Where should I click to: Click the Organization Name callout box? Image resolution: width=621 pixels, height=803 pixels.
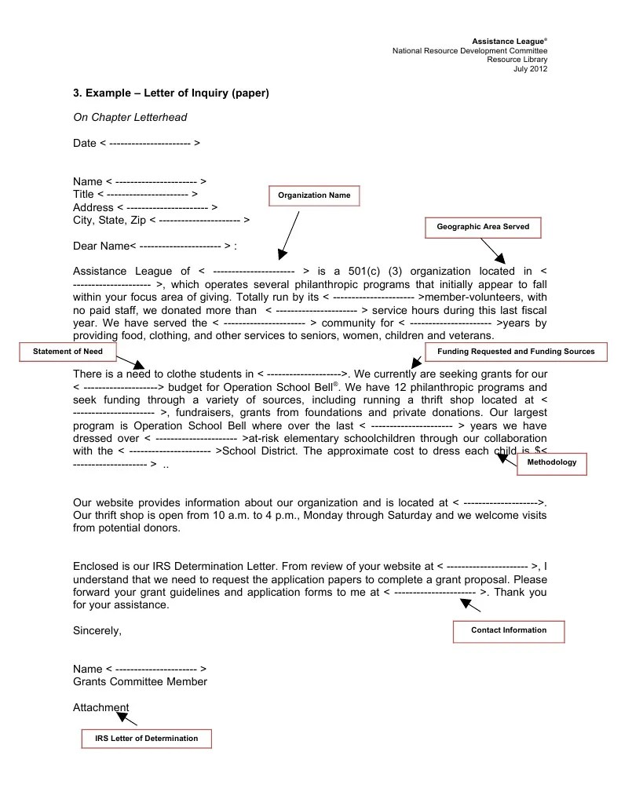314,195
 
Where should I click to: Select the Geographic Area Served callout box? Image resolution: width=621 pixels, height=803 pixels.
483,227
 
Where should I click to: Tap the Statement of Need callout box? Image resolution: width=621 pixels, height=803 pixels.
68,352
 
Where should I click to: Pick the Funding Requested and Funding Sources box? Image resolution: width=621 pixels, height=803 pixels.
516,352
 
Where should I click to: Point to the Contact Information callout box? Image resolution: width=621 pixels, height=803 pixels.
509,630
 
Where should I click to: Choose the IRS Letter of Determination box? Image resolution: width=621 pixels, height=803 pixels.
147,739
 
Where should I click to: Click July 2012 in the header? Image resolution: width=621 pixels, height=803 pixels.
530,69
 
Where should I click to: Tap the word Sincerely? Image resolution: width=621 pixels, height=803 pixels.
97,630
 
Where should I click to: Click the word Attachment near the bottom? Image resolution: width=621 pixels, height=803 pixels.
100,707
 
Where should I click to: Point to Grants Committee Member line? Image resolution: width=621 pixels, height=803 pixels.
140,682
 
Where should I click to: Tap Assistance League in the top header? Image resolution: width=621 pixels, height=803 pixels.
508,41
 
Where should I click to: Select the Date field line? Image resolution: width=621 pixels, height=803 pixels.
137,144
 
